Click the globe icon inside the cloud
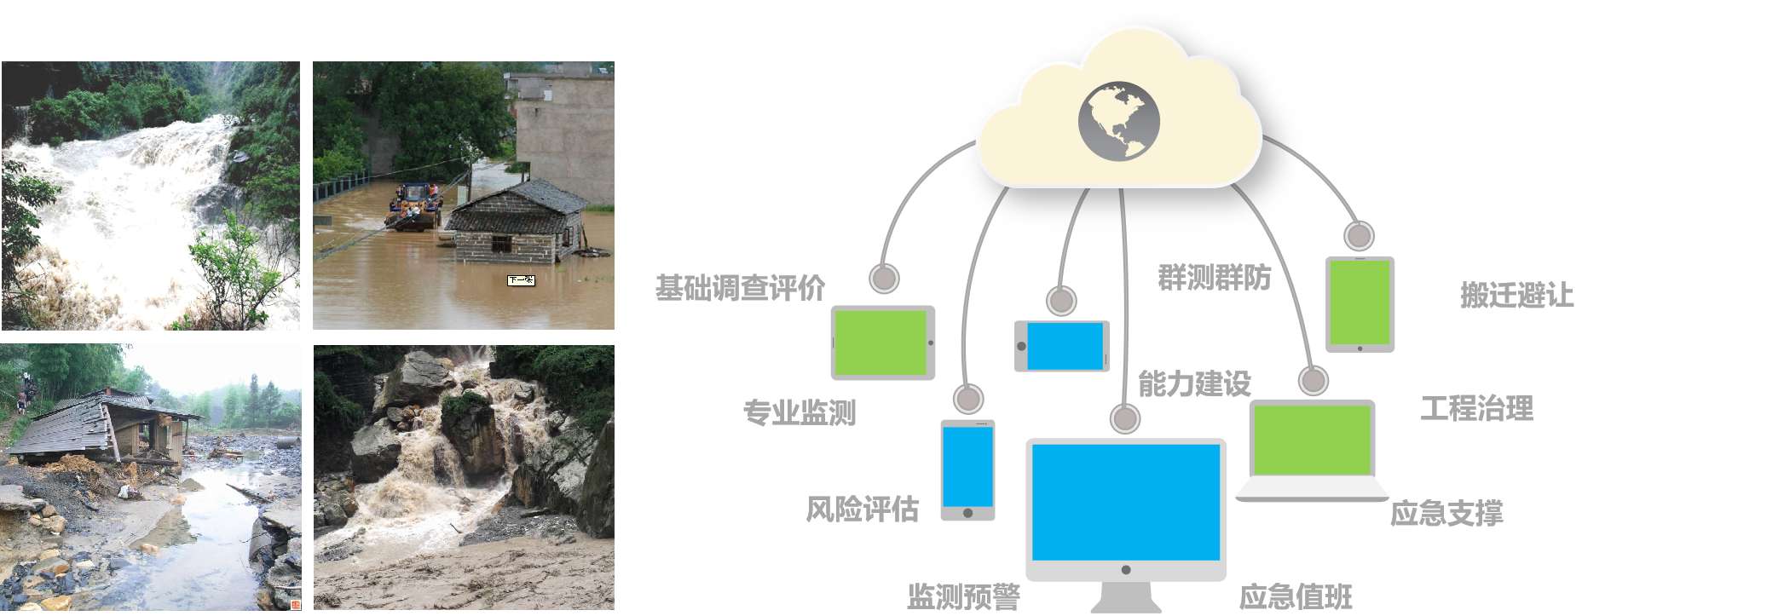[1118, 121]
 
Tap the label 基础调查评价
[740, 288]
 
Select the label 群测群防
[1214, 277]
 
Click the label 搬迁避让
[1516, 295]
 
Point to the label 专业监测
[799, 412]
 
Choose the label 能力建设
[1194, 383]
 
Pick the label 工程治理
[1476, 408]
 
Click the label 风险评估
[862, 509]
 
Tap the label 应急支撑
[1446, 513]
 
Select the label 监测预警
[963, 596]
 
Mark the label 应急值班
[1296, 596]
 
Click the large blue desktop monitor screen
[1125, 503]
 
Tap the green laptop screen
[1311, 440]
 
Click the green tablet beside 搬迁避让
[1360, 302]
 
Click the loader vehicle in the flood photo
[414, 207]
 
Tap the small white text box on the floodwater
[521, 280]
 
